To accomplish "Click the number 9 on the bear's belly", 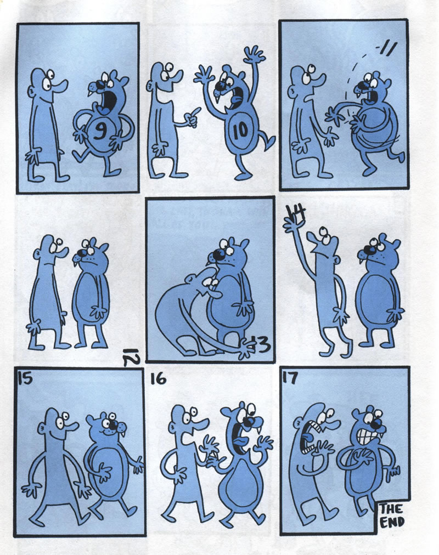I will pos(100,131).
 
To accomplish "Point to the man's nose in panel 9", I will pos(61,85).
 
